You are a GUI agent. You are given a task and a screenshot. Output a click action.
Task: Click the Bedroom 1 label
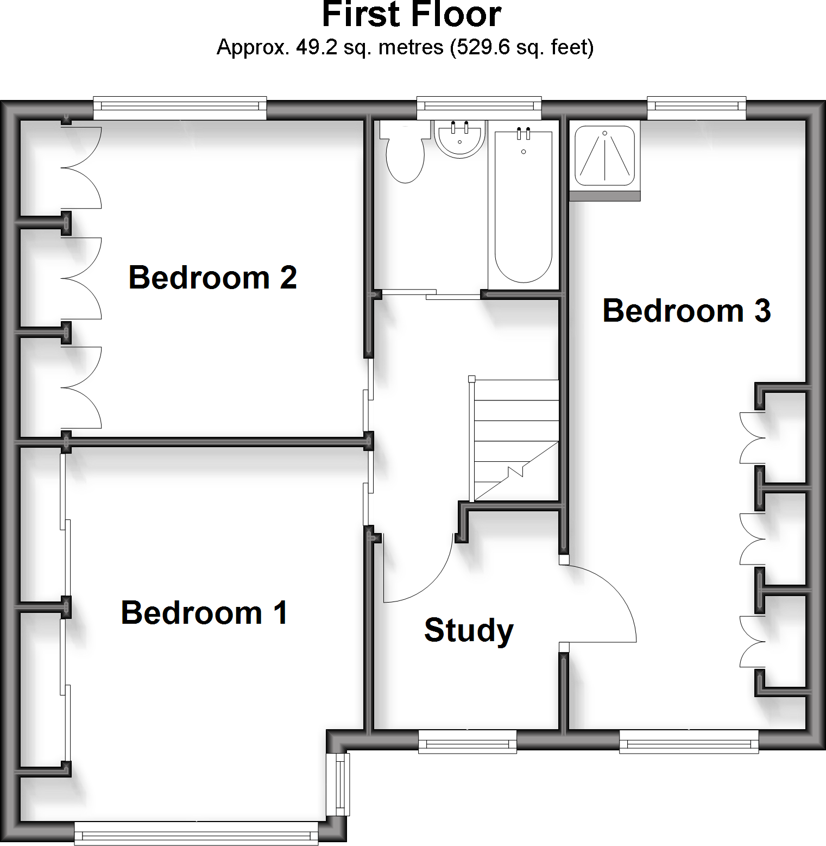[204, 613]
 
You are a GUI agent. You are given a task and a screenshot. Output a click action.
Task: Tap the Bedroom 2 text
[212, 278]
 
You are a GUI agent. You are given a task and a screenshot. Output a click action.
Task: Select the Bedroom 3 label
[686, 311]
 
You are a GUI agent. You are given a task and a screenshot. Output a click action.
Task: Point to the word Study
[469, 630]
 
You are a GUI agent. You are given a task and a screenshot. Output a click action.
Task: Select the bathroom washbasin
[459, 139]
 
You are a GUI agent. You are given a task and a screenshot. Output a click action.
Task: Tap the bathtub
[524, 206]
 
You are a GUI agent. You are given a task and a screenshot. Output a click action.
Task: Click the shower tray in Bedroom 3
[604, 156]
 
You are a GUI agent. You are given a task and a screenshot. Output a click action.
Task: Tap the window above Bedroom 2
[180, 108]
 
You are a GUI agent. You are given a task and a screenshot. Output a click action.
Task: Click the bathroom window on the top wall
[479, 108]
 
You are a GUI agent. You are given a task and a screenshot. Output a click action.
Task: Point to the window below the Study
[468, 741]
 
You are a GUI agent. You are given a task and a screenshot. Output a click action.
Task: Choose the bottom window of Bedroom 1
[196, 833]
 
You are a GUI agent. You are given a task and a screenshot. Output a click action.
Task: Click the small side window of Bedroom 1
[340, 784]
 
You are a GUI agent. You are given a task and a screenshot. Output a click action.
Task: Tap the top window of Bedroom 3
[696, 108]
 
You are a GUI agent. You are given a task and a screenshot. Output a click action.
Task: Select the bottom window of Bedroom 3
[689, 741]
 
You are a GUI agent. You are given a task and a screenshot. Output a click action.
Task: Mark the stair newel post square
[471, 379]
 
